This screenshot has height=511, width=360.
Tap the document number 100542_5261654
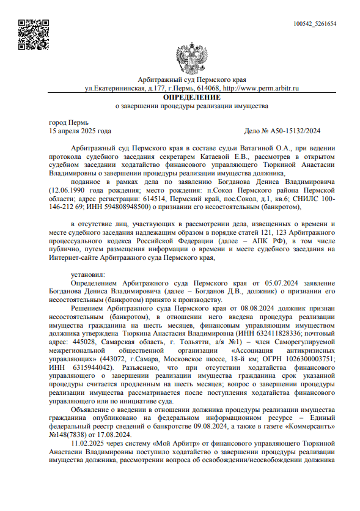click(x=315, y=24)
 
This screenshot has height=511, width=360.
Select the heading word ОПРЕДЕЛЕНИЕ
click(x=192, y=97)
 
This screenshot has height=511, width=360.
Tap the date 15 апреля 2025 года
click(x=80, y=131)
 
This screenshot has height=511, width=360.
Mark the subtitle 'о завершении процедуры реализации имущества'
click(x=192, y=106)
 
